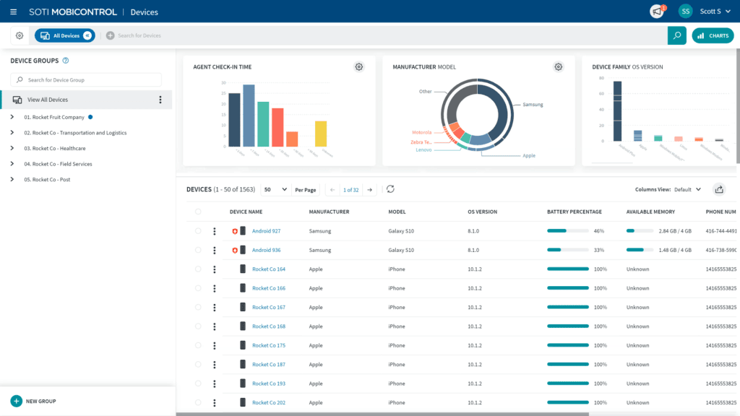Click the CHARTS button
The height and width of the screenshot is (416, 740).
712,35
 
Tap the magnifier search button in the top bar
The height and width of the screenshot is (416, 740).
676,35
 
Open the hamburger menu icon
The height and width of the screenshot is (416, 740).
13,12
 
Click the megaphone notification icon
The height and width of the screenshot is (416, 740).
657,12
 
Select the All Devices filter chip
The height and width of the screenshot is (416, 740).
64,35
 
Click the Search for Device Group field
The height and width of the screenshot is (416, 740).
86,80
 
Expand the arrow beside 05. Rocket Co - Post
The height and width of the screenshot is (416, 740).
12,180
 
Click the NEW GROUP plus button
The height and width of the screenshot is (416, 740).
17,401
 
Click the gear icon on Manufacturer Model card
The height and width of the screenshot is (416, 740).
559,67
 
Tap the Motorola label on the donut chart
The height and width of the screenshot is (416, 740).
421,133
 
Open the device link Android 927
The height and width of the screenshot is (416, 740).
266,231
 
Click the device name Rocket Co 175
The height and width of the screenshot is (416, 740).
268,345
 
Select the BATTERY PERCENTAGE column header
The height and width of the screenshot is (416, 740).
574,212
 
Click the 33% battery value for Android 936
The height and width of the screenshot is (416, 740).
598,250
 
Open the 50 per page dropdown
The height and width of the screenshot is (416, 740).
275,189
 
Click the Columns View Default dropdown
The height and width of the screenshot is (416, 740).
687,189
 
